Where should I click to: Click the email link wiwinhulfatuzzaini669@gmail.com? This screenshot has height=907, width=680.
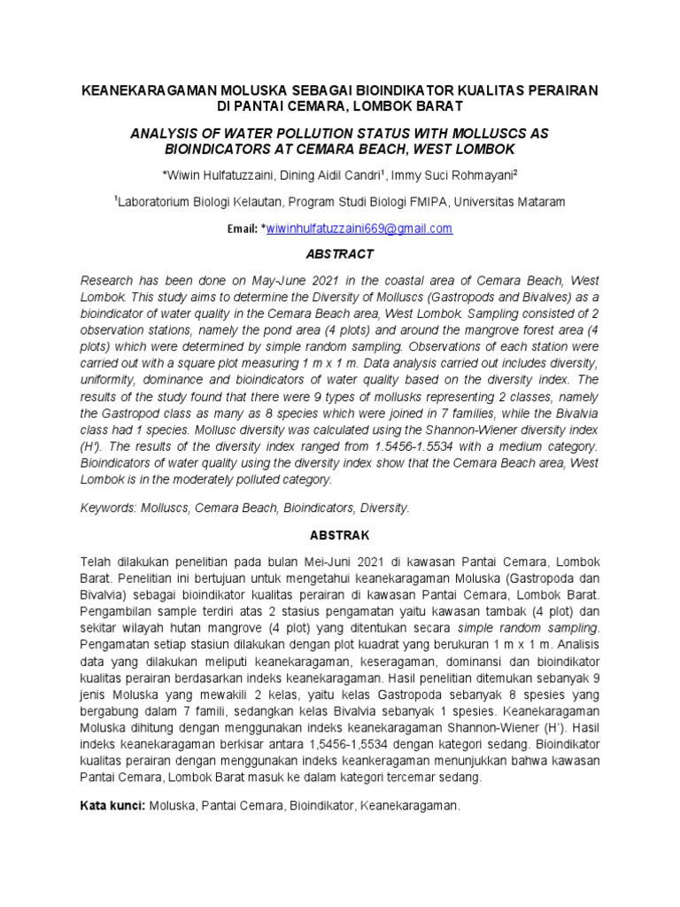point(359,229)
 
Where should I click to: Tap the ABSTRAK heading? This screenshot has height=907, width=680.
point(340,536)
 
